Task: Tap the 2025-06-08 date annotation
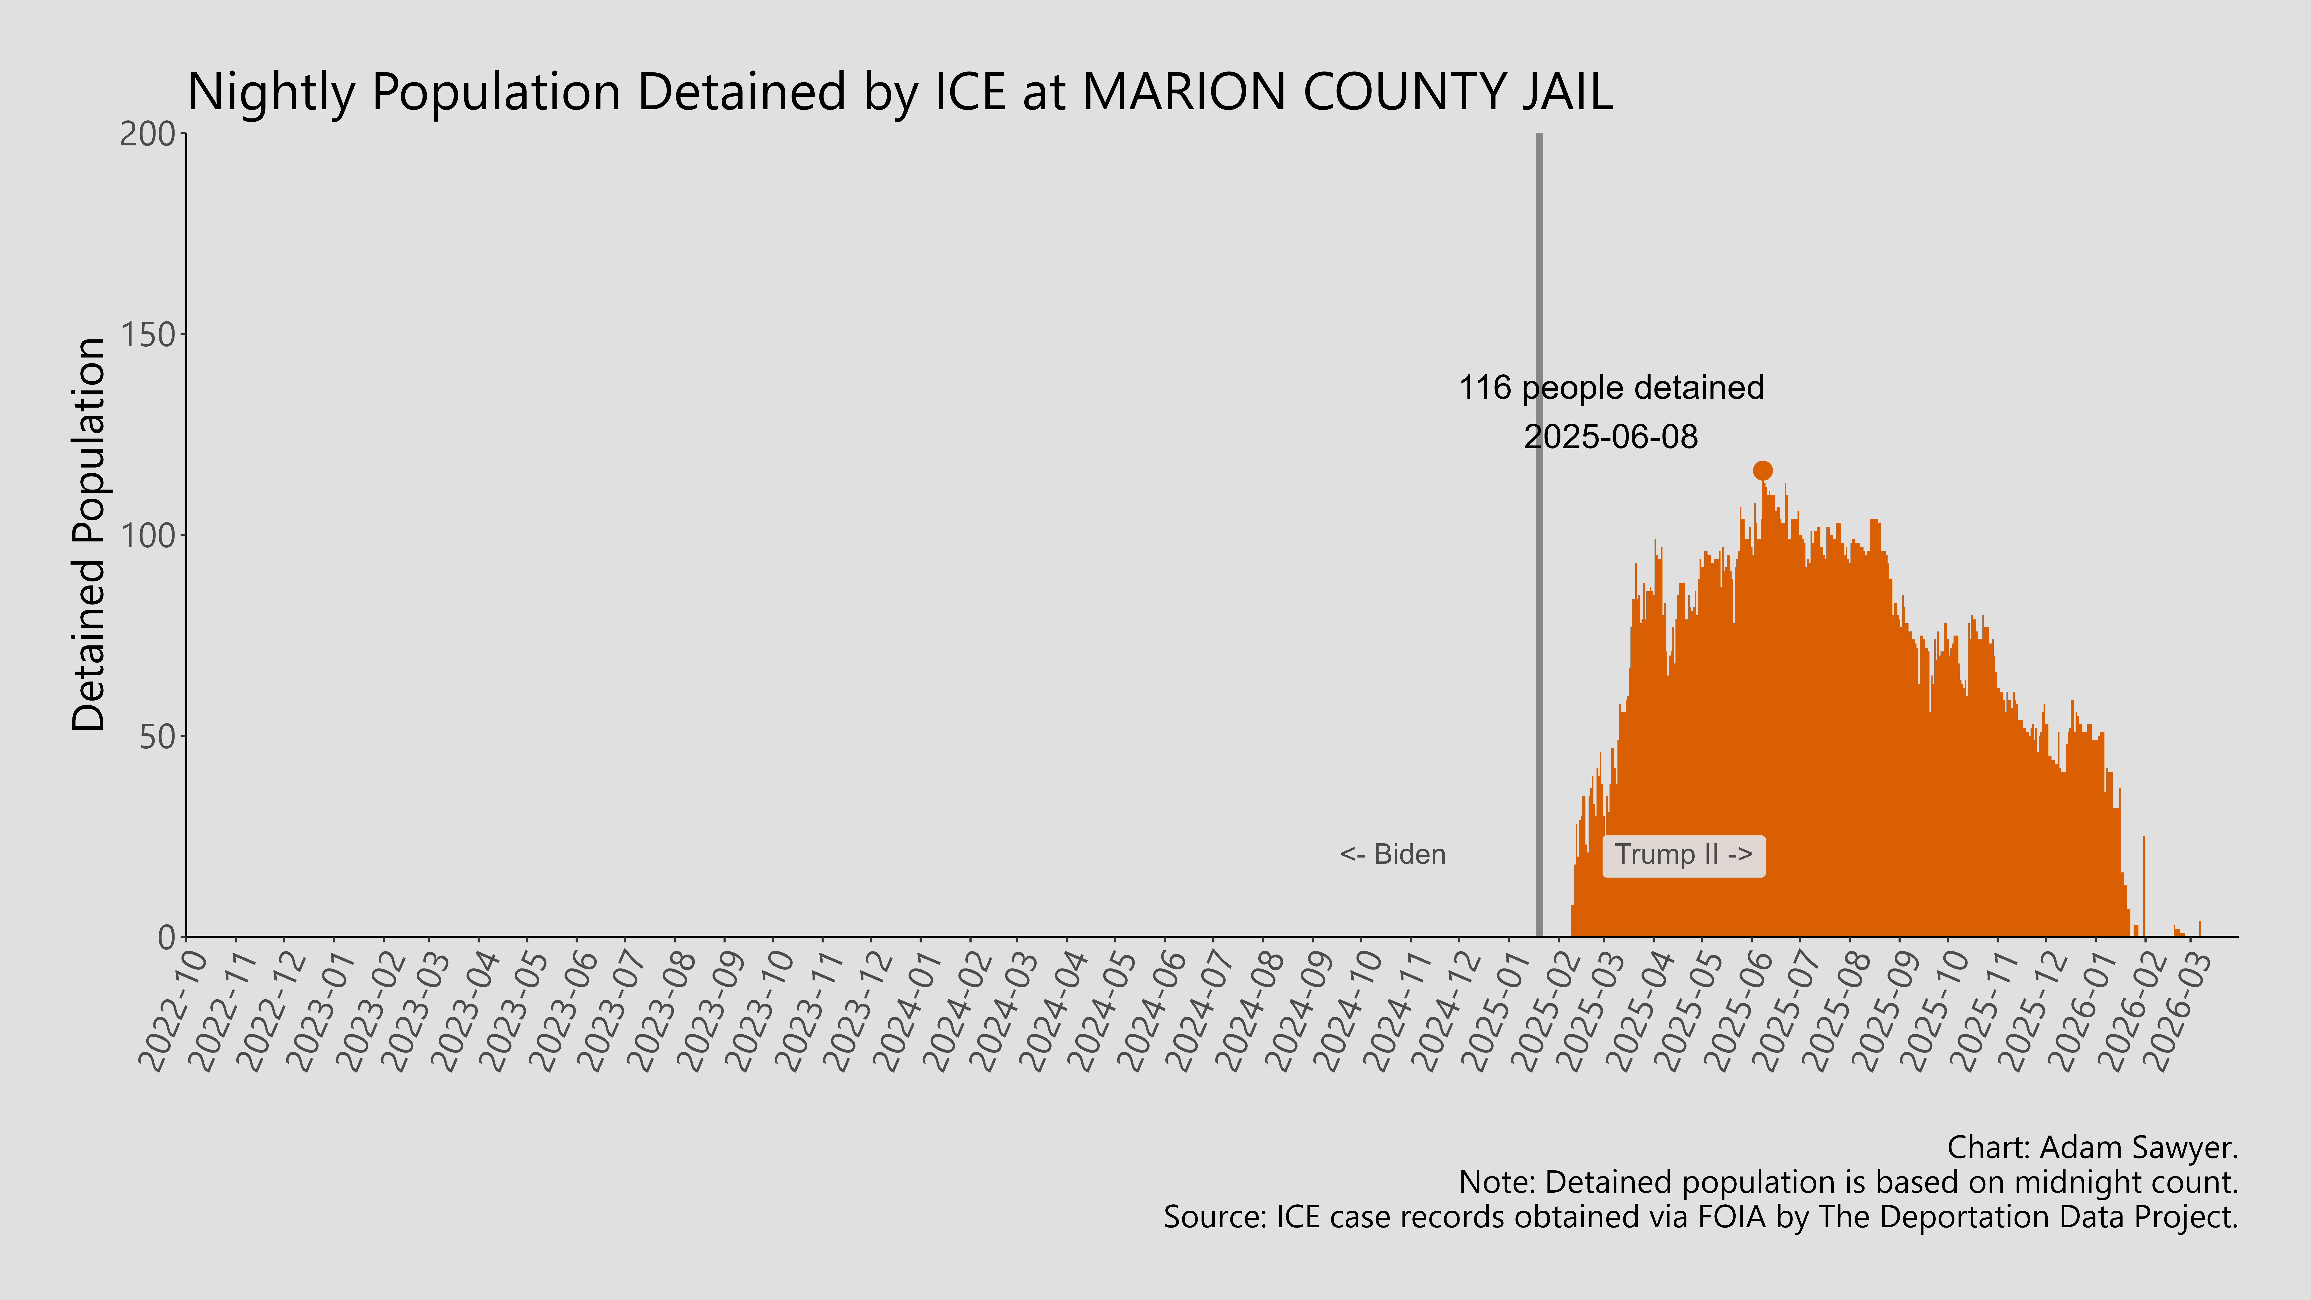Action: click(x=1611, y=437)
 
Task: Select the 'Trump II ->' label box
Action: click(x=1683, y=855)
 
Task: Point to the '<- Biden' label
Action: click(x=1392, y=855)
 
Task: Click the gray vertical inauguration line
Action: click(x=1539, y=628)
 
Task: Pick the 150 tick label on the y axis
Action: click(x=148, y=335)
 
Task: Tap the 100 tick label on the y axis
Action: click(x=148, y=536)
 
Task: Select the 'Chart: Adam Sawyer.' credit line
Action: click(x=2092, y=1147)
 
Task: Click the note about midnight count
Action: click(x=1848, y=1183)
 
